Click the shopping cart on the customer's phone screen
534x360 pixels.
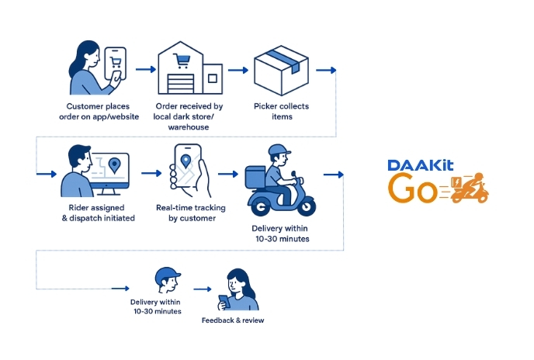(x=117, y=62)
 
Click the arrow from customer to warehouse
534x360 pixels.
(x=144, y=69)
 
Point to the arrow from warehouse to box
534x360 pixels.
(x=236, y=69)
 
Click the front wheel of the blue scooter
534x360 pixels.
(x=306, y=206)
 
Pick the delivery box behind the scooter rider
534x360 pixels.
(x=256, y=176)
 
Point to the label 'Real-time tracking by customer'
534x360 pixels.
(x=186, y=213)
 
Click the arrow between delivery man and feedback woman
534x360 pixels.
(x=202, y=289)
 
